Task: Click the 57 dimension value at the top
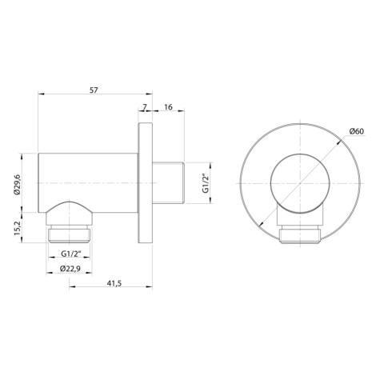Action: tap(94, 90)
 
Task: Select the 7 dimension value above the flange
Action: tap(144, 107)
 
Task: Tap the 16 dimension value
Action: tap(168, 107)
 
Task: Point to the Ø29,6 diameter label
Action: tap(17, 184)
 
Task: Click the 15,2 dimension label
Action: tap(17, 228)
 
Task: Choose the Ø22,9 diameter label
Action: tap(70, 269)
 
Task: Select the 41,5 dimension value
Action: tap(114, 283)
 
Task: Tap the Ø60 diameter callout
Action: tap(357, 131)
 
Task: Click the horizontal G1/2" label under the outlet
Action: tap(70, 254)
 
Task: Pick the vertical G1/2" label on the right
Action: tap(205, 183)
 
